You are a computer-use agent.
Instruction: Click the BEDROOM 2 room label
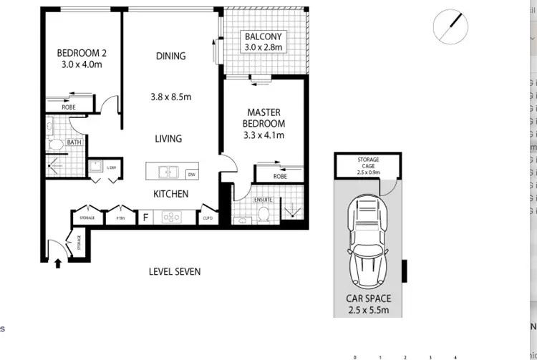pyautogui.click(x=81, y=52)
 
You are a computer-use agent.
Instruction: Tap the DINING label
pyautogui.click(x=170, y=56)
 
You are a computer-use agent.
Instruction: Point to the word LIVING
pyautogui.click(x=168, y=139)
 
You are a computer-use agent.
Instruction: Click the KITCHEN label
pyautogui.click(x=171, y=194)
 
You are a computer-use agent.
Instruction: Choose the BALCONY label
pyautogui.click(x=264, y=37)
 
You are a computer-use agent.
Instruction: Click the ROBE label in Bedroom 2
pyautogui.click(x=69, y=107)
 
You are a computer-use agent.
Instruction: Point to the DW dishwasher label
pyautogui.click(x=191, y=174)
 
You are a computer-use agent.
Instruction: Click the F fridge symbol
pyautogui.click(x=146, y=218)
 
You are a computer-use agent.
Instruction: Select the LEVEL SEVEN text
pyautogui.click(x=175, y=272)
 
